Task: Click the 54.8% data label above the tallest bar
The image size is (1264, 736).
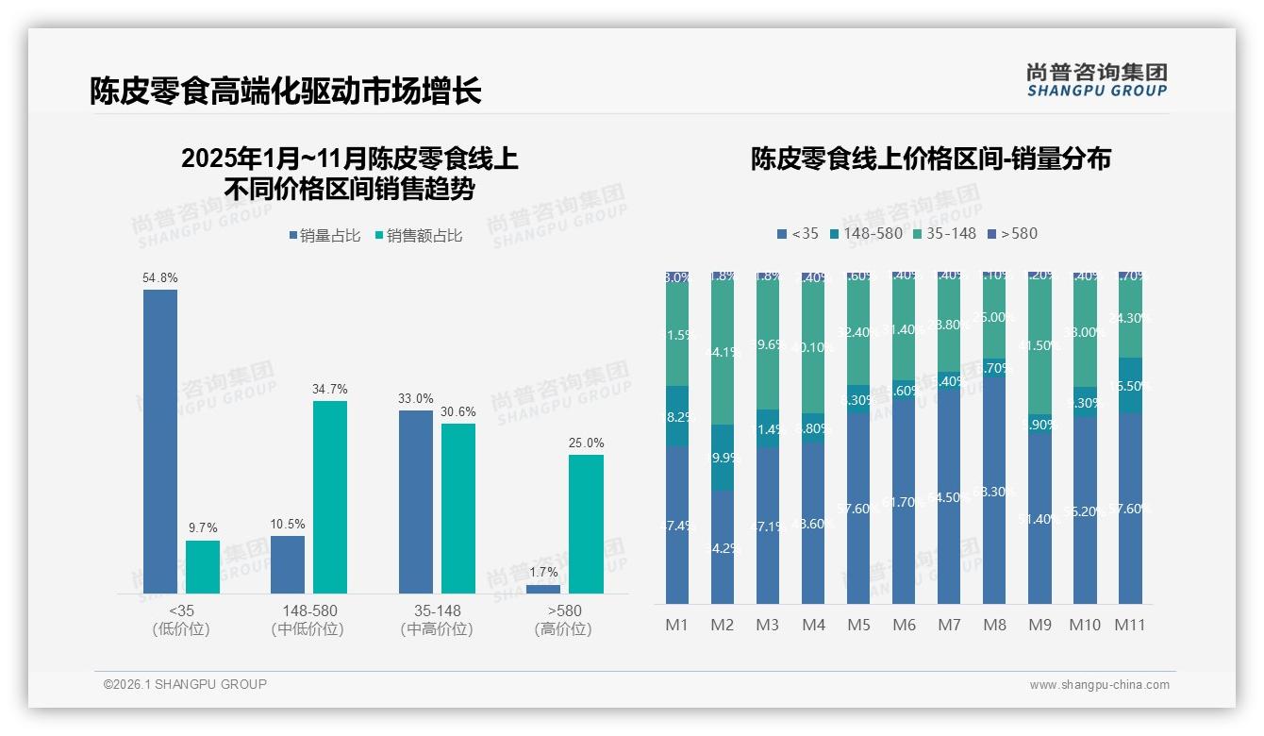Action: coord(160,278)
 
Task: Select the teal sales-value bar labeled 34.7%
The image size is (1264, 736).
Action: coord(330,497)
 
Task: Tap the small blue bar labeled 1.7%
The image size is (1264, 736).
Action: coord(543,589)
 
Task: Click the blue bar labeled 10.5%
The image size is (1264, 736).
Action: coord(288,564)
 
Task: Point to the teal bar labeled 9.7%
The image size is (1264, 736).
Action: coord(203,566)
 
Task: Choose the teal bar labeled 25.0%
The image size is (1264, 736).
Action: coord(586,524)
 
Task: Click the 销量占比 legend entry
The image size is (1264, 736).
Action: coord(324,236)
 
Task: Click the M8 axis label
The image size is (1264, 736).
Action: coord(994,625)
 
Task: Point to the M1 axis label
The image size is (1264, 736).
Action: coord(677,625)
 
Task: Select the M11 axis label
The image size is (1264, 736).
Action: coord(1130,625)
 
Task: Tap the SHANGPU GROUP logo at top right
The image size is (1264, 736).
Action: coord(1096,80)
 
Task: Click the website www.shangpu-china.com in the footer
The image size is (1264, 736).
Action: coord(1099,685)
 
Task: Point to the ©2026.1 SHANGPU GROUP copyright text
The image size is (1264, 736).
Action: coord(185,684)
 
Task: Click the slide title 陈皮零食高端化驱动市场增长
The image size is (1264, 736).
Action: coord(285,91)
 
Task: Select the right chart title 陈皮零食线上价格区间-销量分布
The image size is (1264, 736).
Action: coord(930,159)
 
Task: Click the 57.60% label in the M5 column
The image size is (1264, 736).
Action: coord(858,509)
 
